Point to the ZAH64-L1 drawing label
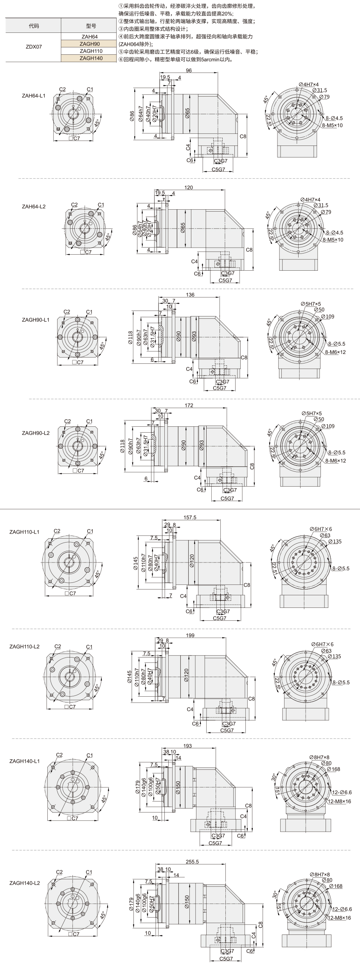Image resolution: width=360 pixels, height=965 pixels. (33, 96)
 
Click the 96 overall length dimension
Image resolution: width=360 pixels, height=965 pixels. (189, 71)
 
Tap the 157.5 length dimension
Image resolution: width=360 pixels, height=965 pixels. (190, 518)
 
